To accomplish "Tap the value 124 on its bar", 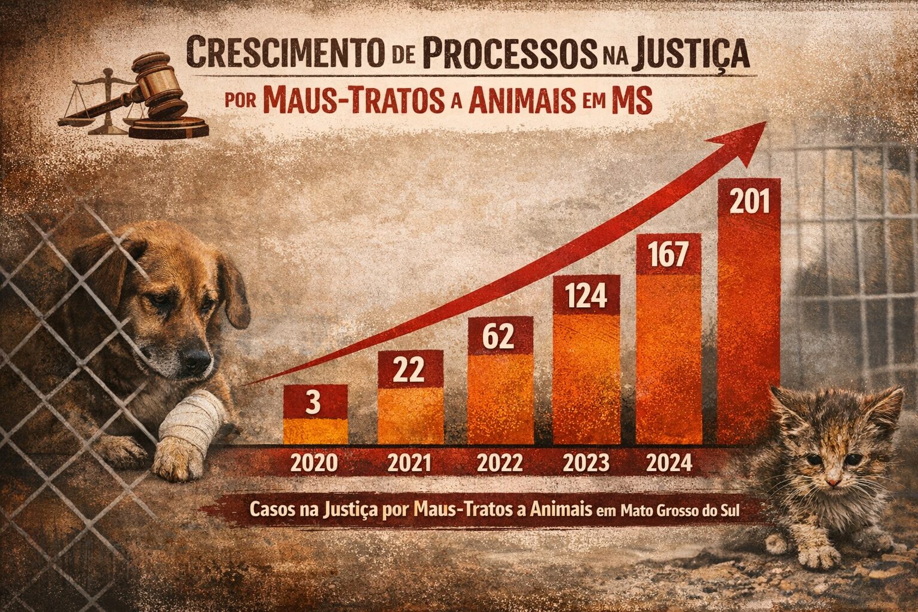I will (586, 296).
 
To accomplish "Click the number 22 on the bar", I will (411, 371).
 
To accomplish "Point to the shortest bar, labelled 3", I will (315, 414).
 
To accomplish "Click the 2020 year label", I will (315, 464).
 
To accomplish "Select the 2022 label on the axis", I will (500, 464).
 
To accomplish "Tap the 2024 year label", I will (669, 464).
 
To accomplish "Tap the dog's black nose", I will (195, 359).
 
